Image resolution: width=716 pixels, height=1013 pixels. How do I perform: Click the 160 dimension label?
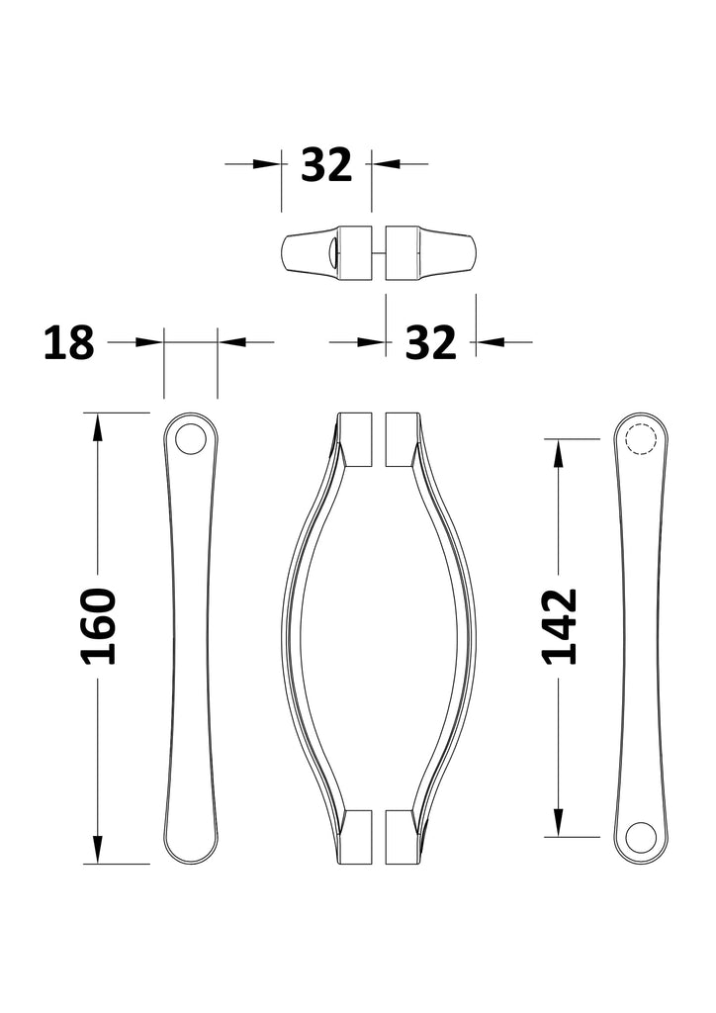click(x=98, y=626)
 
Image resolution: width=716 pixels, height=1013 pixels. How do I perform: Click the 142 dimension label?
click(x=559, y=626)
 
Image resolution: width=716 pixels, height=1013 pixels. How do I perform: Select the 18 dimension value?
click(x=69, y=343)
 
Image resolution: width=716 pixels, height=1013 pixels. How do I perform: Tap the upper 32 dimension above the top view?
click(x=326, y=165)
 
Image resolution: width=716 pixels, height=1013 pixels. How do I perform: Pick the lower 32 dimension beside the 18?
click(x=430, y=343)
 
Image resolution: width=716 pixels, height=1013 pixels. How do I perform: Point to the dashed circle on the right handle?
click(x=641, y=439)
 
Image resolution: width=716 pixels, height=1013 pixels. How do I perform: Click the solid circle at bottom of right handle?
click(x=641, y=837)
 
